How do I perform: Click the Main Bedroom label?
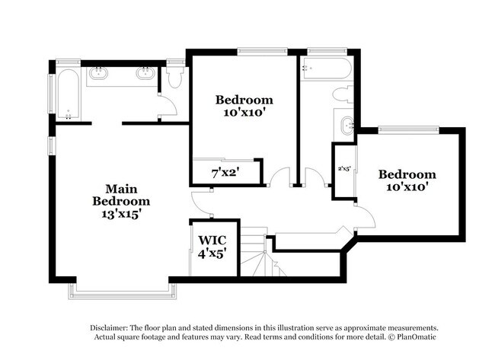121,195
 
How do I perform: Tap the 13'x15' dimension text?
121,214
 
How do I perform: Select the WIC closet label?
212,240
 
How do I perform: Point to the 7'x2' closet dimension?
225,173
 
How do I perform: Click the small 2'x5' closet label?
344,168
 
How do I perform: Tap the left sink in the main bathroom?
98,73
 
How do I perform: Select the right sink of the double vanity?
145,73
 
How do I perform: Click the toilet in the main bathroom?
175,76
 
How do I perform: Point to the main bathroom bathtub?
68,94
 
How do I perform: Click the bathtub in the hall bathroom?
325,68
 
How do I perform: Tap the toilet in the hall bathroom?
343,94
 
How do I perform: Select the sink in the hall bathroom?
348,126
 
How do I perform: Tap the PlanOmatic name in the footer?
417,337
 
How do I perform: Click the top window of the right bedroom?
408,129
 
